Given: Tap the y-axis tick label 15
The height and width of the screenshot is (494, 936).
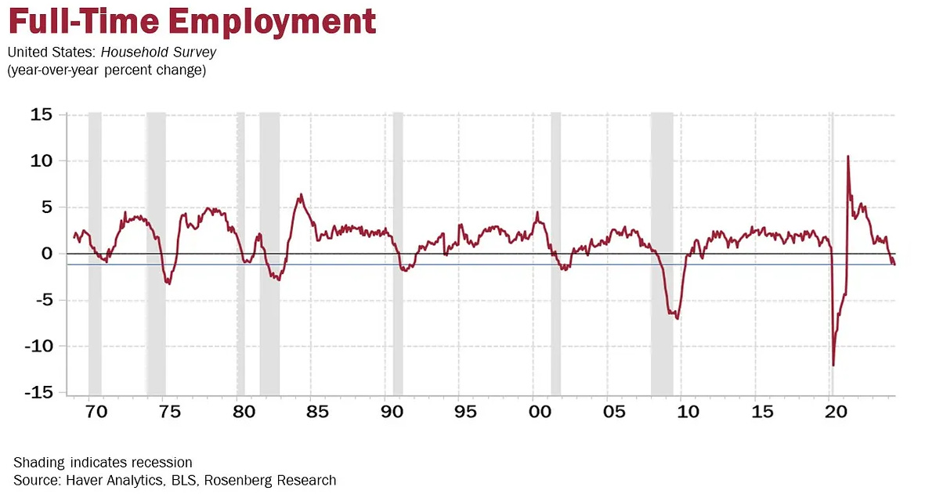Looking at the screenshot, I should [42, 115].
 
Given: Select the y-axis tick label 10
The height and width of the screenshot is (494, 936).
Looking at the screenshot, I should [42, 161].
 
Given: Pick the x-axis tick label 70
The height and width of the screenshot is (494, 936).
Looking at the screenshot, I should [94, 412].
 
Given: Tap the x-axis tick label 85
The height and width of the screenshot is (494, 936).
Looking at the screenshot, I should [316, 412].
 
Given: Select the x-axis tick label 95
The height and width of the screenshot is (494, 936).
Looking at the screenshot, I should [464, 412].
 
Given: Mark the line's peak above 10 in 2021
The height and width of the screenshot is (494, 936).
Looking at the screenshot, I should [848, 157].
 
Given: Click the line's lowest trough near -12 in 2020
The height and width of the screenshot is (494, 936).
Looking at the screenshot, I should [833, 365].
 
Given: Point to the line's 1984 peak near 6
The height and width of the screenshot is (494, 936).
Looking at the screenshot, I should [301, 195].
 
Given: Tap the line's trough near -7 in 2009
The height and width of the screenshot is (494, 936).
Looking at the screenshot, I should [678, 318].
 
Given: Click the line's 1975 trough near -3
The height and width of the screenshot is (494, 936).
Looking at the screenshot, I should [168, 283].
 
